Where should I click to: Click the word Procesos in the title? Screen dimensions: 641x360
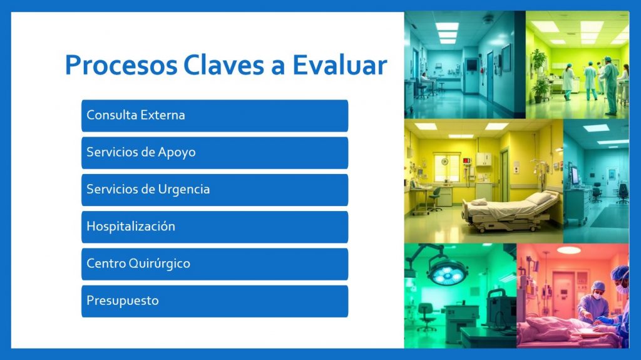tap(121, 66)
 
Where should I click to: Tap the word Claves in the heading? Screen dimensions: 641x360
tap(223, 64)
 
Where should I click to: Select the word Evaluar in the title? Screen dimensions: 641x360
tap(340, 64)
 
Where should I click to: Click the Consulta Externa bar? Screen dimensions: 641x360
tap(215, 115)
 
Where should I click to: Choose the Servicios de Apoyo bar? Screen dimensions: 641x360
tap(215, 153)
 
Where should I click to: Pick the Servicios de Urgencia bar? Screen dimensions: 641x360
tap(215, 190)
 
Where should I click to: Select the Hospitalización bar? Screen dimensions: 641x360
tap(215, 227)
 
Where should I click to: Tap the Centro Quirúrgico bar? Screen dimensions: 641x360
tap(215, 264)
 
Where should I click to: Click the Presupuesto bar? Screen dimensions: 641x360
tap(215, 302)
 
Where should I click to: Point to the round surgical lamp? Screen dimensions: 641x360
tap(448, 272)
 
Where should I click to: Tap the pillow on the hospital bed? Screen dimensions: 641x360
tap(539, 198)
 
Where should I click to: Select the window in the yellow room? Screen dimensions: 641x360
tap(447, 168)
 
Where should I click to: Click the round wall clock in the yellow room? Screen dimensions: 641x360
tap(444, 162)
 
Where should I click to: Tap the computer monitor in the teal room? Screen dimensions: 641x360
tap(575, 175)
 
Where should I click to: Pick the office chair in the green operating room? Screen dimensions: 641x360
tap(426, 316)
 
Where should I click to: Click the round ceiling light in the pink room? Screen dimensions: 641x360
tap(568, 250)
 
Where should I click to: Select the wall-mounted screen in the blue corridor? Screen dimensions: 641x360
tap(471, 64)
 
